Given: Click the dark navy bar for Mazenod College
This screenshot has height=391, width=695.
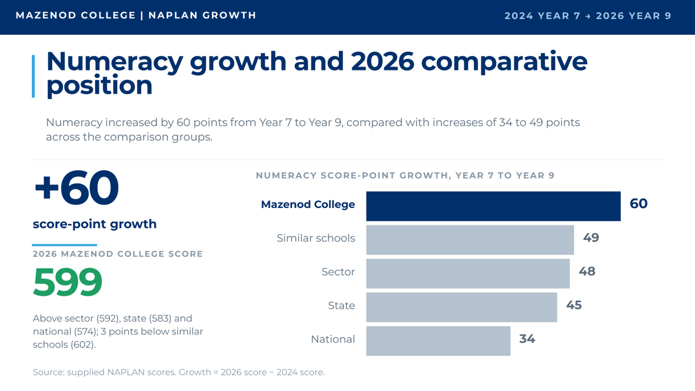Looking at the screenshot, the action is pyautogui.click(x=493, y=206).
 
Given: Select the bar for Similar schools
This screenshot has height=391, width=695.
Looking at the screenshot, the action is pyautogui.click(x=470, y=240).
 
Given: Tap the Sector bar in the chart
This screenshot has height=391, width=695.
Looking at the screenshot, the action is pyautogui.click(x=468, y=273).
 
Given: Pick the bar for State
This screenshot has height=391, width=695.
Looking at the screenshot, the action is pyautogui.click(x=462, y=307).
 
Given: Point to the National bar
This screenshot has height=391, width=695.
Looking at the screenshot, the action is pyautogui.click(x=438, y=341).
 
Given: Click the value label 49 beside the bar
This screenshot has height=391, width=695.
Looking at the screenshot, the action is pyautogui.click(x=591, y=237).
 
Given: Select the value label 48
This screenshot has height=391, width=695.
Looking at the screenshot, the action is pyautogui.click(x=587, y=272).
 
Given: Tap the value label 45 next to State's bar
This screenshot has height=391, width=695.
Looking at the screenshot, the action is pyautogui.click(x=574, y=305).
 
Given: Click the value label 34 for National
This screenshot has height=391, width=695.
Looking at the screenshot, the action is pyautogui.click(x=527, y=339).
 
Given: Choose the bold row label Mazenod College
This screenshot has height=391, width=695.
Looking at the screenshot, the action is pyautogui.click(x=308, y=204).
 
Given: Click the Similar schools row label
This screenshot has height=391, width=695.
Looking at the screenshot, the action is pyautogui.click(x=316, y=238).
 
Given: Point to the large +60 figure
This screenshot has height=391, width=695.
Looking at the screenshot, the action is pyautogui.click(x=76, y=188).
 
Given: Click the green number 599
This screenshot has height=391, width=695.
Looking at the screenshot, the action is pyautogui.click(x=68, y=282).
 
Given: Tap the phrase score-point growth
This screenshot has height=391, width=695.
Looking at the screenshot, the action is pyautogui.click(x=94, y=224).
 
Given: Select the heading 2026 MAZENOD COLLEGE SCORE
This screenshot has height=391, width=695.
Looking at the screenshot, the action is pyautogui.click(x=118, y=254).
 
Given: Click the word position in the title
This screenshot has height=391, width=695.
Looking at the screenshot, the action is pyautogui.click(x=99, y=85).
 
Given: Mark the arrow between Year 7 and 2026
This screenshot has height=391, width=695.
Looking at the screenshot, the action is pyautogui.click(x=588, y=16).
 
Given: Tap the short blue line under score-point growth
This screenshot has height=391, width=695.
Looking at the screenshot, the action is pyautogui.click(x=64, y=245).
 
